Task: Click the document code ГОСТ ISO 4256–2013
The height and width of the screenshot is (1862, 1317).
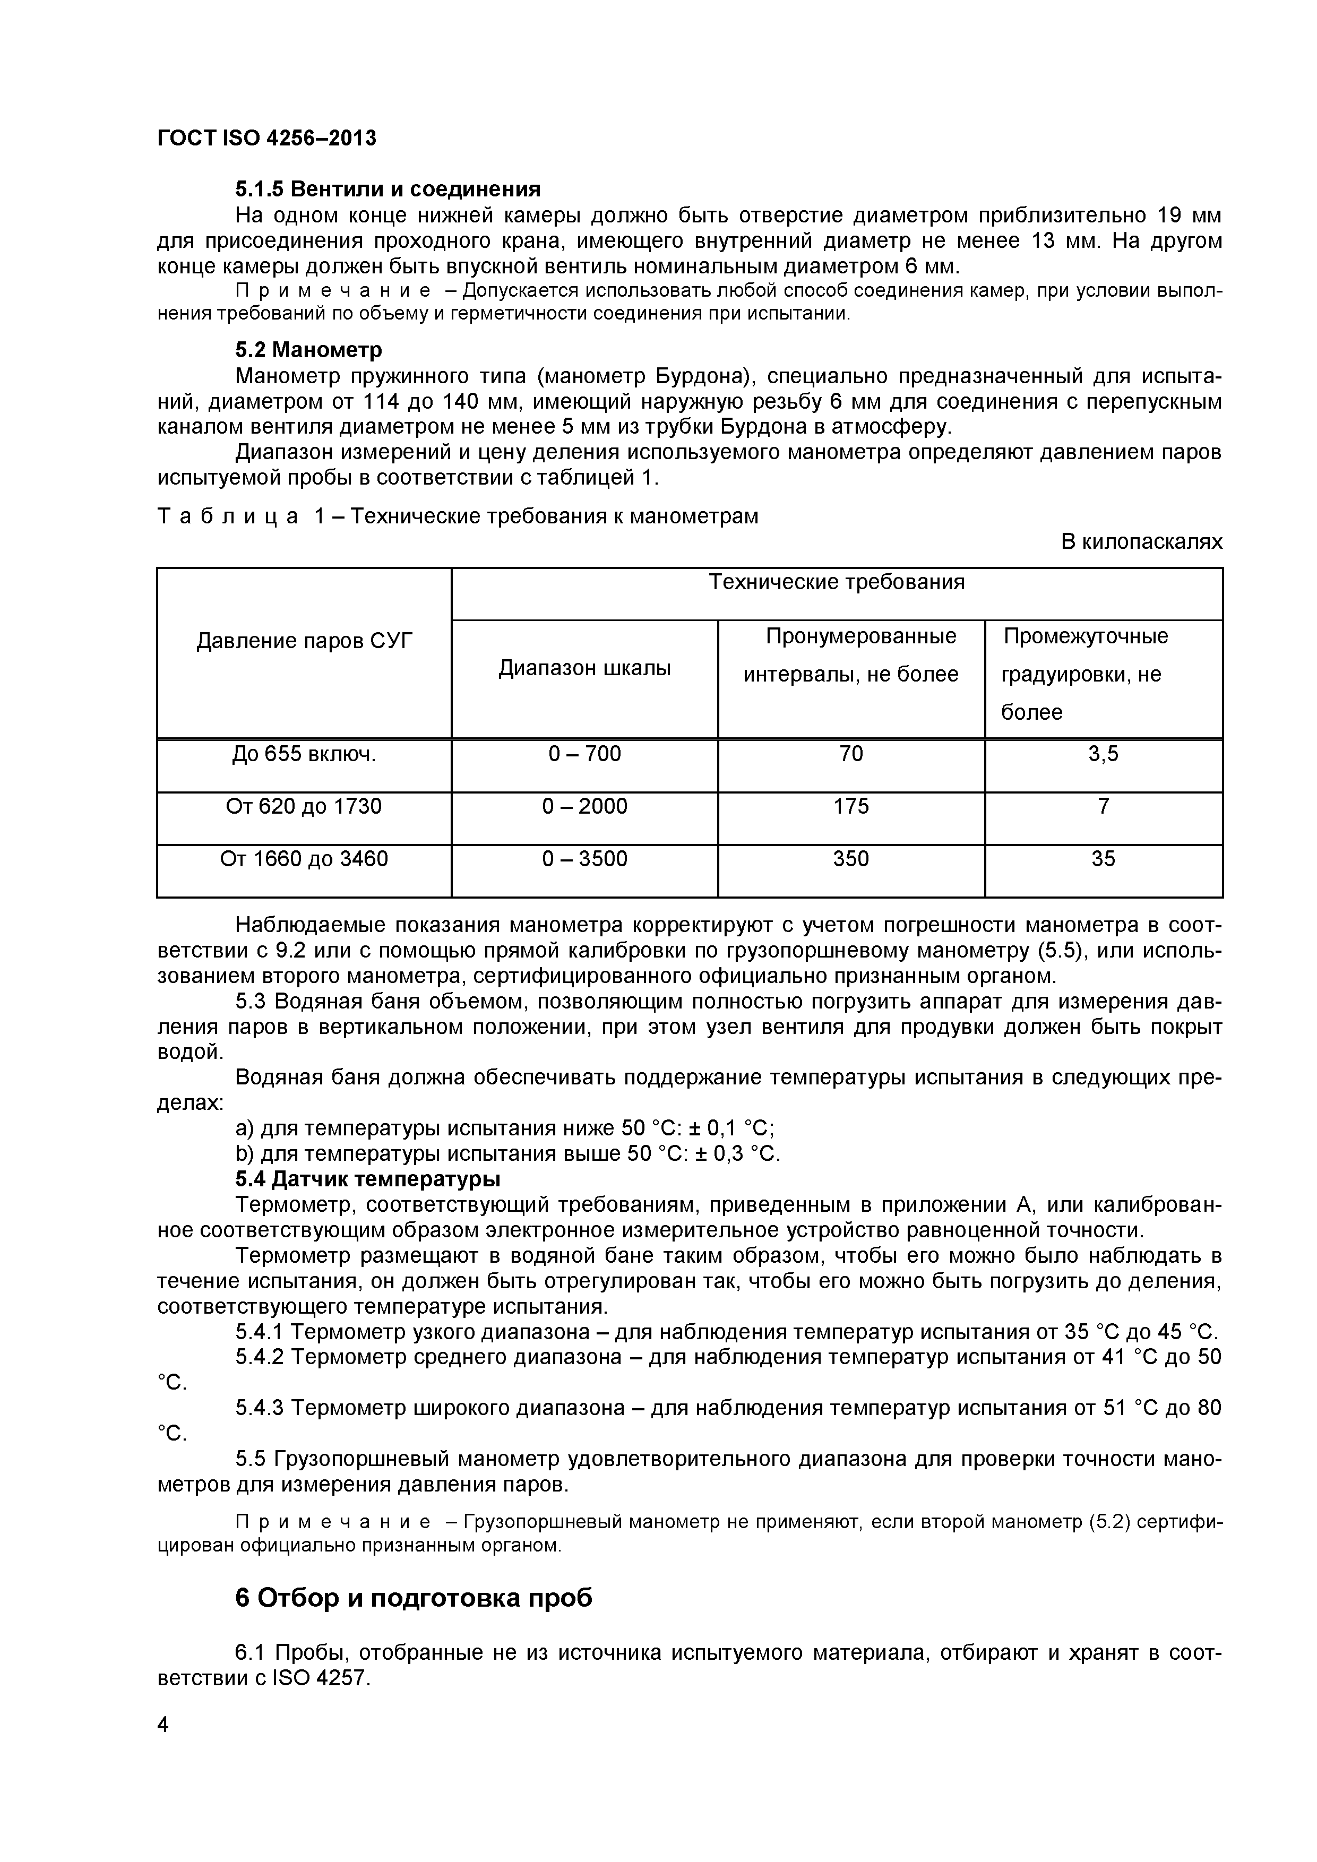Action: coord(267,139)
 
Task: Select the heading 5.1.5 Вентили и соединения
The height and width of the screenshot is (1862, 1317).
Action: coord(388,189)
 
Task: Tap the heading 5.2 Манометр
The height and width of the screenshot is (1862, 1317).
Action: coord(308,350)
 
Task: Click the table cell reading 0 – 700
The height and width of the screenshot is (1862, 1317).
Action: coord(584,754)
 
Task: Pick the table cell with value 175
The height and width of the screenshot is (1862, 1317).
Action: coord(851,806)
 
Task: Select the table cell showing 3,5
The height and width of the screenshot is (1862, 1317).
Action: coord(1103,754)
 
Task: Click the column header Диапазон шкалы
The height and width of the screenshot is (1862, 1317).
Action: coord(584,668)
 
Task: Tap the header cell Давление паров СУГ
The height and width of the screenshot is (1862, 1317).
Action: coord(304,642)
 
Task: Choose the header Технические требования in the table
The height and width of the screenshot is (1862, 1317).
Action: coord(837,582)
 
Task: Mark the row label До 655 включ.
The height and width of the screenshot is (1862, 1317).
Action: coord(304,754)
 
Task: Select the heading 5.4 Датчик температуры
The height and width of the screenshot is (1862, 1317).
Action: coord(367,1178)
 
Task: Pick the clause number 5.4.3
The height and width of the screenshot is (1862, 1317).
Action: coord(260,1408)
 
